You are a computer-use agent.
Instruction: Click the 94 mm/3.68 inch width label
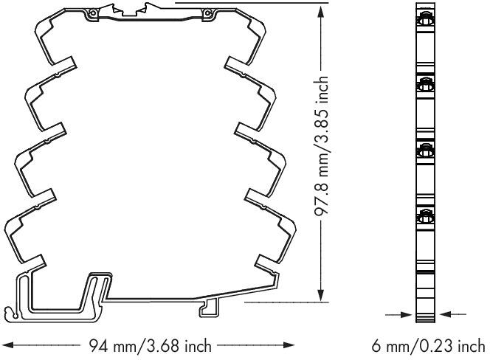151,346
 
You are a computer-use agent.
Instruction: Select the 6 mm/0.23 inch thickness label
428,346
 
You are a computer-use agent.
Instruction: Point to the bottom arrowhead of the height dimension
320,295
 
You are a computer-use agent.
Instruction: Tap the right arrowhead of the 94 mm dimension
289,345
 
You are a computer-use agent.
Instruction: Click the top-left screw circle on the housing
92,13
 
